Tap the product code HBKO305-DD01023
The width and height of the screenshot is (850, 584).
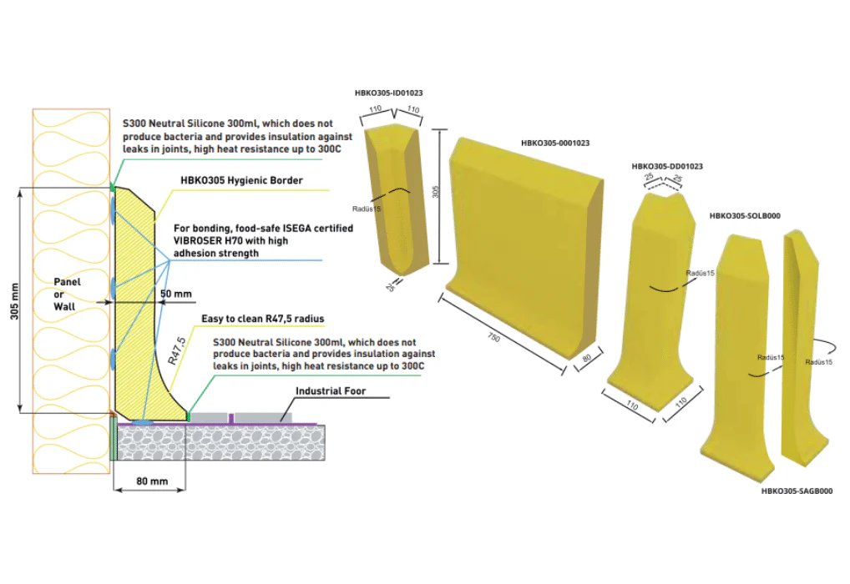click(x=667, y=166)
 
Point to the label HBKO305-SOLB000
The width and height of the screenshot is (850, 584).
click(x=744, y=215)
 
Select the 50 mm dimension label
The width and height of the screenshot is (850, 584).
click(x=176, y=295)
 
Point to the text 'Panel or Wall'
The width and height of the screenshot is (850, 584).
click(x=67, y=294)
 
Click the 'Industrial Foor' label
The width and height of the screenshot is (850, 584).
click(x=331, y=390)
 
